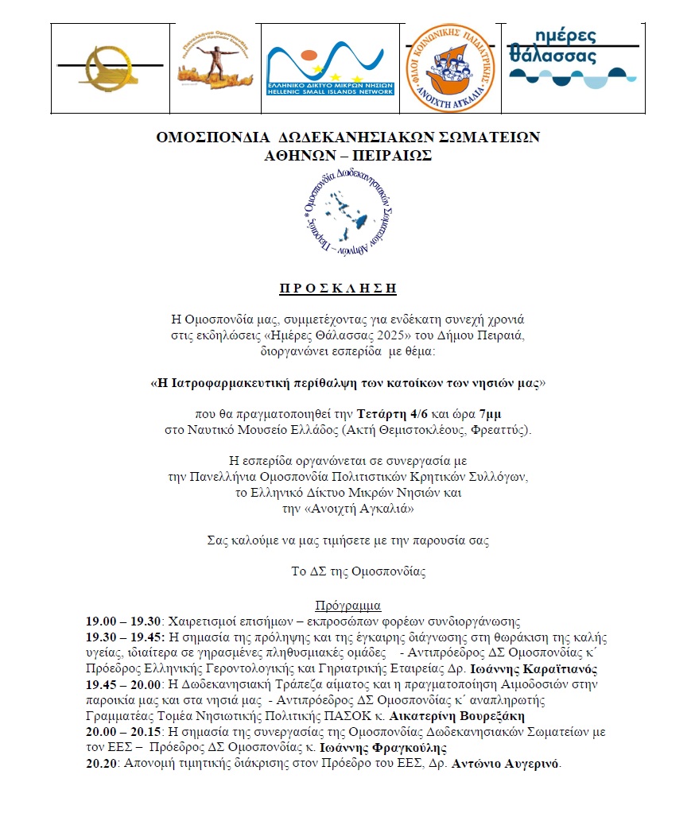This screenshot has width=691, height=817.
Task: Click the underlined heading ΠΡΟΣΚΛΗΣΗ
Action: point(345,288)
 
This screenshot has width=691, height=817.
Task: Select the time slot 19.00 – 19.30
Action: point(124,621)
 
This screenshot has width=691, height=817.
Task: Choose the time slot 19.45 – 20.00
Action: point(124,684)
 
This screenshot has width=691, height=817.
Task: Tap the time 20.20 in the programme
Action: point(101,764)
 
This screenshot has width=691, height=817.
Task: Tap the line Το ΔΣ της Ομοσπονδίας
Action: point(345,570)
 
